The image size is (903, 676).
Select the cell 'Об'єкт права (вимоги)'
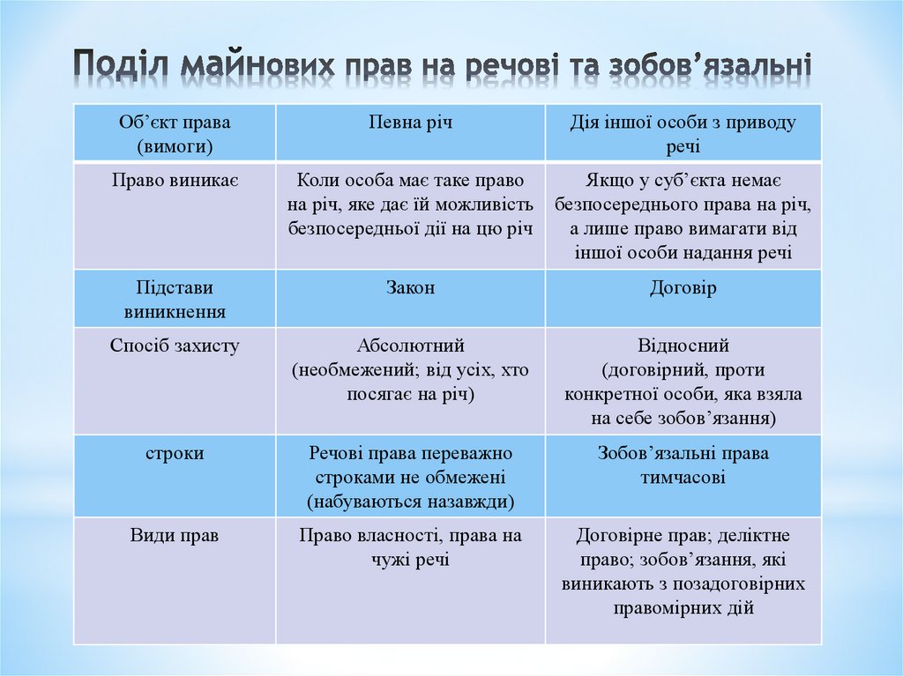(x=175, y=133)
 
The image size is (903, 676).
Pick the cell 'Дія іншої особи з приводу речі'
(x=683, y=133)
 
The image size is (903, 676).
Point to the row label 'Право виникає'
(x=175, y=181)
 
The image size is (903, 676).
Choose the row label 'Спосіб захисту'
(x=175, y=346)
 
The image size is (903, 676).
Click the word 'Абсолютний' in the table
(x=410, y=346)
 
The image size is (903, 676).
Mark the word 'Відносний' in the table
(x=683, y=346)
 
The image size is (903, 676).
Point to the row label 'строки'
(x=175, y=454)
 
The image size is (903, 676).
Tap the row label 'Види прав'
(x=175, y=536)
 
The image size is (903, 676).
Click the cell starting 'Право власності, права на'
(x=410, y=547)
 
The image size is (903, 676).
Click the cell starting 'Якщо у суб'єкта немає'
(x=683, y=216)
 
